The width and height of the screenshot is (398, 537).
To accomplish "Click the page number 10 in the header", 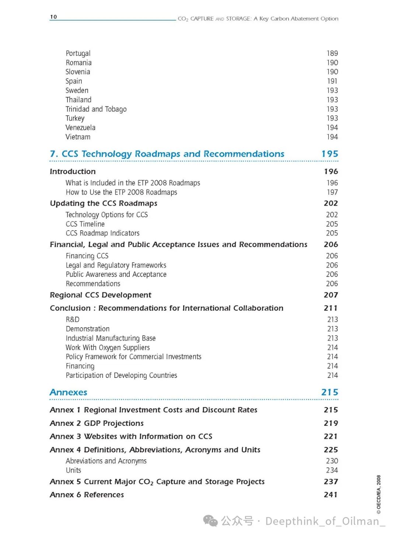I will (x=53, y=17).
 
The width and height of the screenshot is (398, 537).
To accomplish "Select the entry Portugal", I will (x=78, y=53).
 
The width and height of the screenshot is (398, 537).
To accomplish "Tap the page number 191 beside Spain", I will (x=332, y=81).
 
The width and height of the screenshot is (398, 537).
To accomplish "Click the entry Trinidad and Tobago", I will (x=96, y=109).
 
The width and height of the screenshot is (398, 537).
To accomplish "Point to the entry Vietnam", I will (x=78, y=137).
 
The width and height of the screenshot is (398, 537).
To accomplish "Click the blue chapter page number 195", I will (x=329, y=154).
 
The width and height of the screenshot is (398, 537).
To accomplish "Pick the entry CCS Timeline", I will (x=85, y=224).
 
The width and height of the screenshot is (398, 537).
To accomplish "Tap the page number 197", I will (x=332, y=192).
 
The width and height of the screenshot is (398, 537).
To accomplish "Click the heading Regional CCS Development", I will (x=101, y=295).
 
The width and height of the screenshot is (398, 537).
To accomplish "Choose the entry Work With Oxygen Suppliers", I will (x=108, y=347).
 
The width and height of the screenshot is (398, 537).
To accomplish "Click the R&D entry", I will (x=73, y=319).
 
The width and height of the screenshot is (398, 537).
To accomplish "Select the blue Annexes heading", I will (x=69, y=392).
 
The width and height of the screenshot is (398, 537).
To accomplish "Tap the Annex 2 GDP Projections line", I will (x=97, y=423).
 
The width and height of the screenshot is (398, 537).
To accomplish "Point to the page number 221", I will (x=331, y=436).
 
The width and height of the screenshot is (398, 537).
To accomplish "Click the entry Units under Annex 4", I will (x=73, y=470).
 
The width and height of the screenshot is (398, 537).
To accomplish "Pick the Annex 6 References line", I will (x=87, y=495).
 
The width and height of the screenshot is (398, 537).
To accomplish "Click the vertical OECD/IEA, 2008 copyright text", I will (x=378, y=494).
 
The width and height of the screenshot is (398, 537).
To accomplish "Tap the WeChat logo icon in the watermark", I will (x=210, y=521).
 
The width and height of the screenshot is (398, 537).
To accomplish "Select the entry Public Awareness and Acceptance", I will (x=116, y=274).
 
